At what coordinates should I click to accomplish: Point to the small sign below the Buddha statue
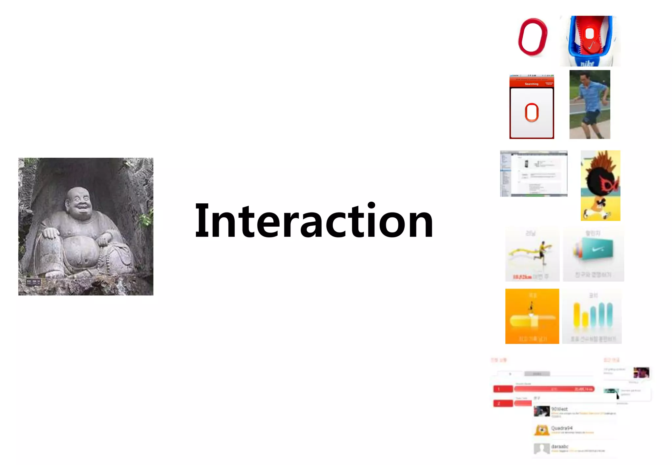[33, 282]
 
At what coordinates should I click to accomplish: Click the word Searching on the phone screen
[531, 84]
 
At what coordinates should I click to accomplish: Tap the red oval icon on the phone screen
[532, 112]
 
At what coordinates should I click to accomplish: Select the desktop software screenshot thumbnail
[534, 173]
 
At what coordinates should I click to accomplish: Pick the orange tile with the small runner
[532, 316]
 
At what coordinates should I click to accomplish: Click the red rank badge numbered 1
[503, 389]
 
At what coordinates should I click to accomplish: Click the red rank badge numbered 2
[503, 403]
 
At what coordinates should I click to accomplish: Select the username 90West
[559, 409]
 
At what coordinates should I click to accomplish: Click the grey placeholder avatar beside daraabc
[542, 448]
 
